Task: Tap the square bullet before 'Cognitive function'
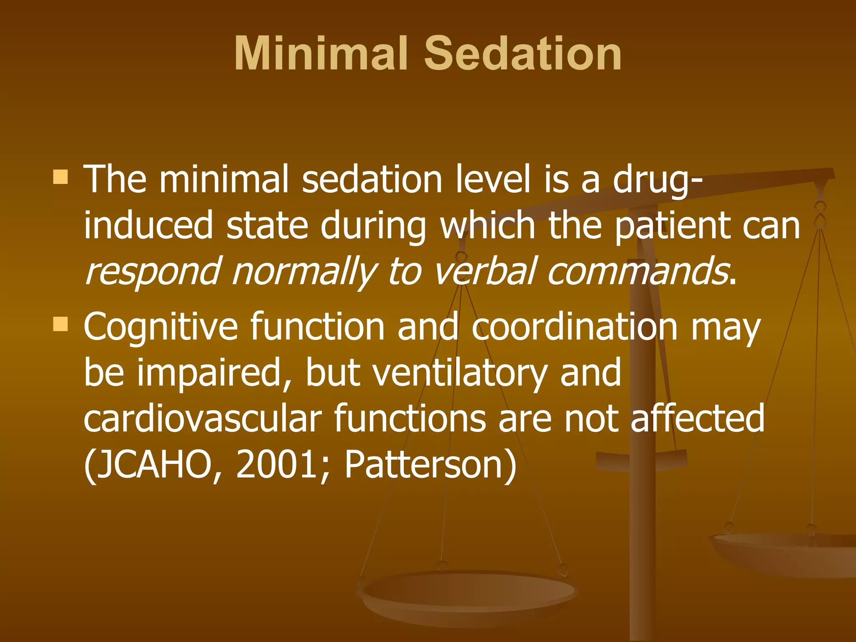[x=61, y=324]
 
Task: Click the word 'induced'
[x=148, y=226]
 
